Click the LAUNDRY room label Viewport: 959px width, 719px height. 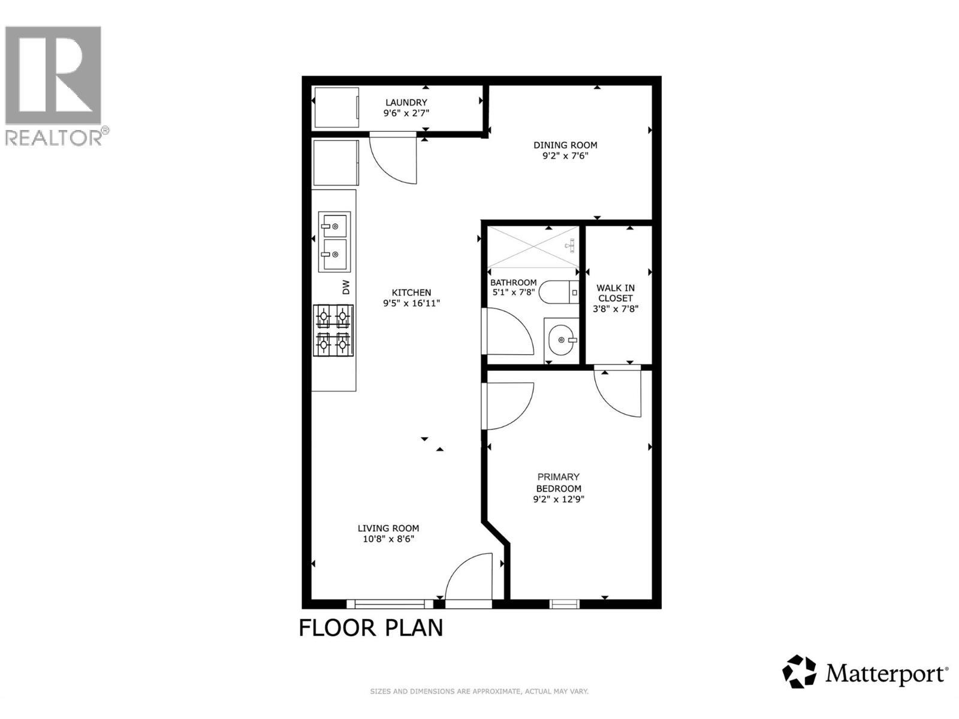pyautogui.click(x=406, y=102)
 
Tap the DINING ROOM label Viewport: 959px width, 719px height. pyautogui.click(x=565, y=145)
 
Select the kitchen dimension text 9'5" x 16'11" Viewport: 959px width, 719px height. pyautogui.click(x=411, y=303)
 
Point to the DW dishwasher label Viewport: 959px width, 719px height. pyautogui.click(x=346, y=287)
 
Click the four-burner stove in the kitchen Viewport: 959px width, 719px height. pyautogui.click(x=333, y=330)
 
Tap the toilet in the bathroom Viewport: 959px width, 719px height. pyautogui.click(x=559, y=292)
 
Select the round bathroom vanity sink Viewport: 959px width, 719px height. pyautogui.click(x=562, y=340)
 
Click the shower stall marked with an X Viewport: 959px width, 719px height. pyautogui.click(x=533, y=247)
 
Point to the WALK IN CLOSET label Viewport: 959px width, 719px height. pyautogui.click(x=615, y=293)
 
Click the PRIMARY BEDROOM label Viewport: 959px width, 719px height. pyautogui.click(x=559, y=482)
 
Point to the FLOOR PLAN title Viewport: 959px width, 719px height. pyautogui.click(x=370, y=628)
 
